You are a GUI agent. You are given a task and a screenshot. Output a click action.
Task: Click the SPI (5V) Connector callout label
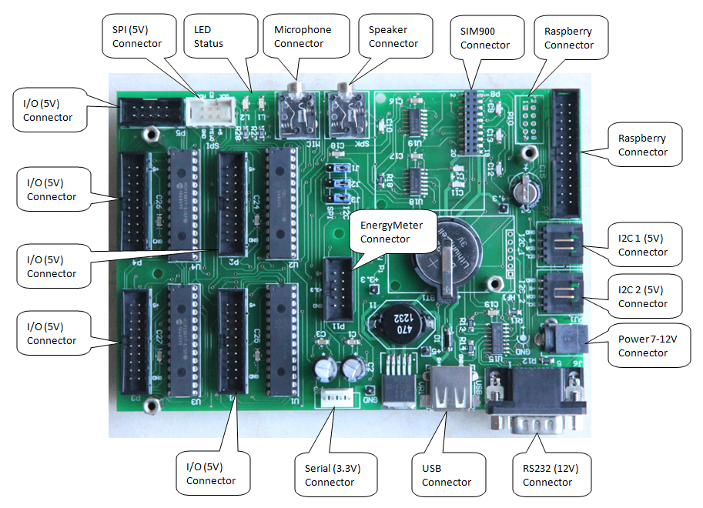(137, 36)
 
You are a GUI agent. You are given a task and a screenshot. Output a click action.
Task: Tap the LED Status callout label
(209, 36)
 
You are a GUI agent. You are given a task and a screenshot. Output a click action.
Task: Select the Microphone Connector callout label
(303, 36)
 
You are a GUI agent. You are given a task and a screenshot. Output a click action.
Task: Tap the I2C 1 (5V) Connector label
(642, 245)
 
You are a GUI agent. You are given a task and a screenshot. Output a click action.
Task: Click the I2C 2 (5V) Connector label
(642, 296)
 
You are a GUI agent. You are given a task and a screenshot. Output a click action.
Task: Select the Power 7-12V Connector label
(654, 345)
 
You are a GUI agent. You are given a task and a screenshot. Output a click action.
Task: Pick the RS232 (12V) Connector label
(547, 474)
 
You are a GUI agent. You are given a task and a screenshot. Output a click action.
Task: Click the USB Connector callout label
(447, 474)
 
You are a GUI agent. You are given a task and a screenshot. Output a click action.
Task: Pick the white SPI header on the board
(207, 112)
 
